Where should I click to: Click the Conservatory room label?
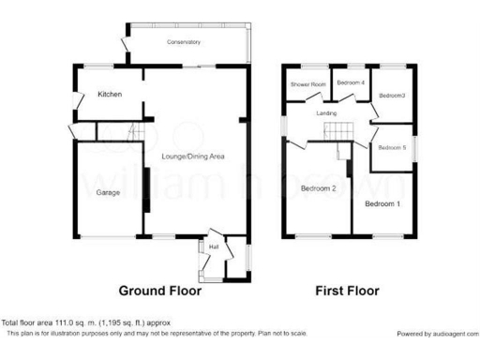pyautogui.click(x=184, y=42)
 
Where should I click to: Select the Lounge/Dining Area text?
pyautogui.click(x=193, y=156)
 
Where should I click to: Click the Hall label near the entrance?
pyautogui.click(x=213, y=247)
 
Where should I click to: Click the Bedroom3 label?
pyautogui.click(x=392, y=95)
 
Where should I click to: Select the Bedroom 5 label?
pyautogui.click(x=392, y=147)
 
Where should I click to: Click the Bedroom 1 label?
pyautogui.click(x=382, y=203)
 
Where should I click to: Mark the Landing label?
pyautogui.click(x=326, y=113)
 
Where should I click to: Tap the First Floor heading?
pyautogui.click(x=348, y=291)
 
